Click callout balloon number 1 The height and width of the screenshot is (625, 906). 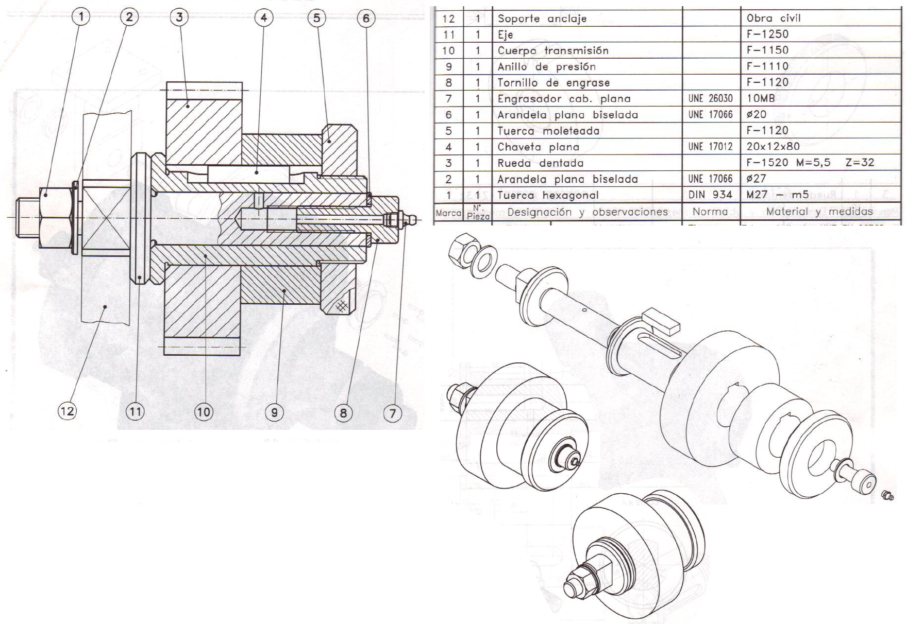80,18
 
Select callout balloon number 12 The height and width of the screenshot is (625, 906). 68,411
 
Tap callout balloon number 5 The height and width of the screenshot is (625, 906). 316,18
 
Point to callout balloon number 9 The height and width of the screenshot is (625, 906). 274,412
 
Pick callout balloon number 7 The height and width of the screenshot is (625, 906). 393,413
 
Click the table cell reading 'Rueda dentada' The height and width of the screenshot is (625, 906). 540,163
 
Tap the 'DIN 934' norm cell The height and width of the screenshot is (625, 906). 710,195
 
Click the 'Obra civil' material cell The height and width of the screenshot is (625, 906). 774,18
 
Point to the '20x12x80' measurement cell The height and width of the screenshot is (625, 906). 773,147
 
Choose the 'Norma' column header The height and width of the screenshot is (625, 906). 711,212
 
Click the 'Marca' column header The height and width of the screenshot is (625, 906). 448,213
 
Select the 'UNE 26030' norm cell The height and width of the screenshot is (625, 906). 710,98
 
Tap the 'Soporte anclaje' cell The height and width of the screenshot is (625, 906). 542,19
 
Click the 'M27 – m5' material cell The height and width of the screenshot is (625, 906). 778,195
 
